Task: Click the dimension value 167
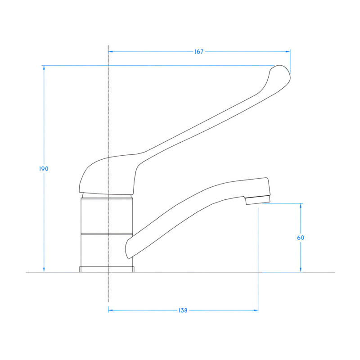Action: [199, 52]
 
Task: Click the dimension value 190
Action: [44, 169]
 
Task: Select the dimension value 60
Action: [301, 238]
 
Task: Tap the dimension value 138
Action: [183, 310]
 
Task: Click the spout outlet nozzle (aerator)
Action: [258, 200]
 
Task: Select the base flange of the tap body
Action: [107, 270]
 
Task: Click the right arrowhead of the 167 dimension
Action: [288, 52]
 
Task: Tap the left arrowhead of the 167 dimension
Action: [111, 52]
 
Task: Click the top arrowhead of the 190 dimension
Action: [44, 68]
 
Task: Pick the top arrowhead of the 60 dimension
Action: [301, 206]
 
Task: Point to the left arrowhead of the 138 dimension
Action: [111, 310]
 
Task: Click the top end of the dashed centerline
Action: [108, 46]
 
